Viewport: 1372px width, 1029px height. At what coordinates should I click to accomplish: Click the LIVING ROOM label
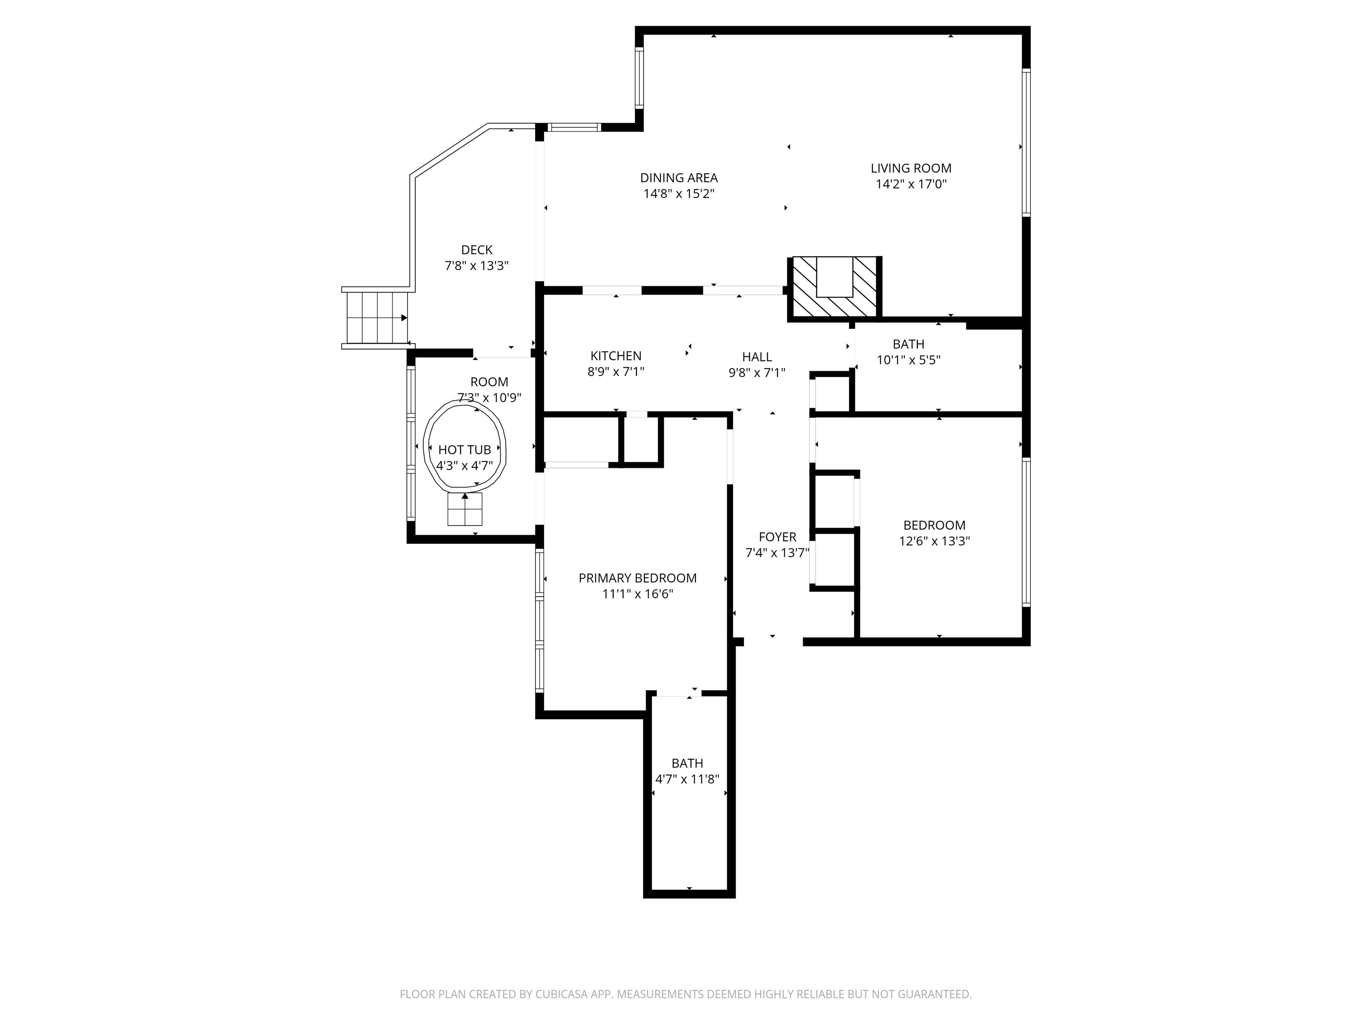pyautogui.click(x=911, y=168)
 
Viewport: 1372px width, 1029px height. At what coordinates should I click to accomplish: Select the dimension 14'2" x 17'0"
pyautogui.click(x=911, y=184)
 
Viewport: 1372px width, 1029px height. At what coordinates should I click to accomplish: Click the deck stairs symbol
pyautogui.click(x=376, y=318)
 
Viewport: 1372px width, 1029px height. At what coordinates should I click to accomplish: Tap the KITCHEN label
pyautogui.click(x=615, y=356)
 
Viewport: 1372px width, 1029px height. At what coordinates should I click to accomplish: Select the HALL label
pyautogui.click(x=757, y=357)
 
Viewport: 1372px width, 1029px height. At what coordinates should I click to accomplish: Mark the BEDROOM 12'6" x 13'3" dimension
pyautogui.click(x=934, y=541)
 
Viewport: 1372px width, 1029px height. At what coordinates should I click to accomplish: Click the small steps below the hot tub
pyautogui.click(x=464, y=510)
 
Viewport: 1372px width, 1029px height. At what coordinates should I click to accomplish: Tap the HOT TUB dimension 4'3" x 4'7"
pyautogui.click(x=464, y=466)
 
